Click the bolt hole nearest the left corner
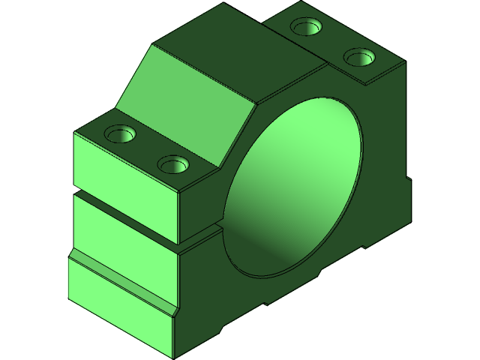click(x=119, y=135)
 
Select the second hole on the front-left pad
click(x=173, y=163)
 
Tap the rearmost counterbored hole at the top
click(x=306, y=28)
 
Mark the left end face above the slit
click(x=124, y=161)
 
